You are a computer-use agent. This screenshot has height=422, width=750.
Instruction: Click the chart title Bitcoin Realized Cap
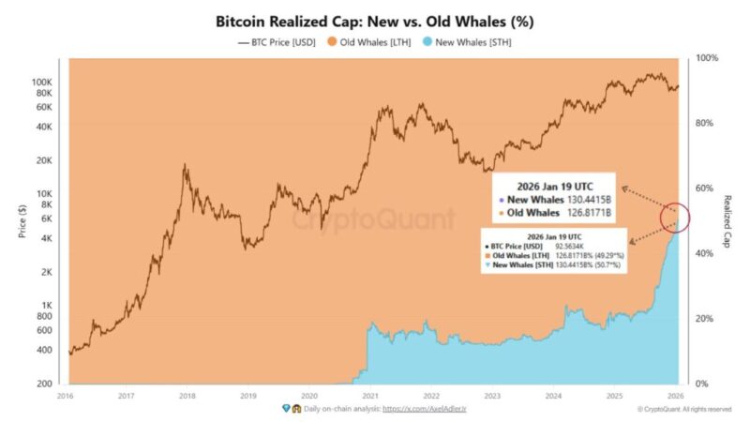375,20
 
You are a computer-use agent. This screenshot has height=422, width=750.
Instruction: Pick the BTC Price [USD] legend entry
277,41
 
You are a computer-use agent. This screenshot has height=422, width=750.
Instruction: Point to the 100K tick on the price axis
42,83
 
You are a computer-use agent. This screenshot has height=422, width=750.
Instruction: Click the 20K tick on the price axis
45,160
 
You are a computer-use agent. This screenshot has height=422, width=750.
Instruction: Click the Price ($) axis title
22,220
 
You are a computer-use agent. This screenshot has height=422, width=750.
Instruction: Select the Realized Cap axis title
728,220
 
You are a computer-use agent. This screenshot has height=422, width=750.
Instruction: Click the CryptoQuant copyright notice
683,410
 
